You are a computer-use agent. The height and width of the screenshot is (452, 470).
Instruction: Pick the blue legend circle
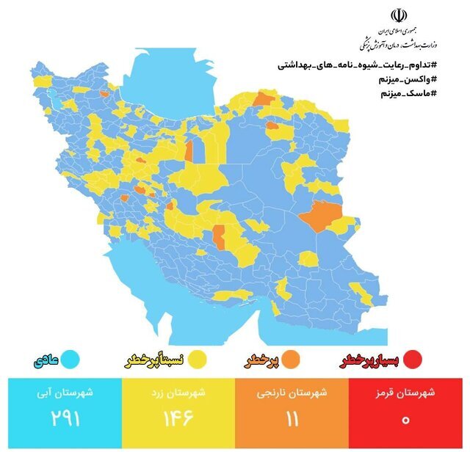coord(70,360)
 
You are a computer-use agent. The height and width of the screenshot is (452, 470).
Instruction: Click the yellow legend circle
coord(197,360)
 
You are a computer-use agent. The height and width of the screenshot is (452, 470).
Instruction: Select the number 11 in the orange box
coord(293,420)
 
